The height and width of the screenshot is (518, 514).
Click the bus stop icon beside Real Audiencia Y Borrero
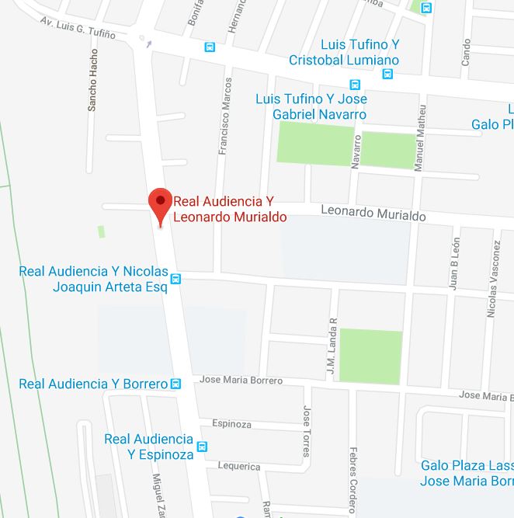point(176,384)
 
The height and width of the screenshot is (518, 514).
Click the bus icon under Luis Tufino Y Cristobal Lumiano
point(388,75)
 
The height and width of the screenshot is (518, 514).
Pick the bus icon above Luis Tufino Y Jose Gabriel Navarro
point(355,85)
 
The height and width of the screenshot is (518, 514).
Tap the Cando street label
point(466,51)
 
